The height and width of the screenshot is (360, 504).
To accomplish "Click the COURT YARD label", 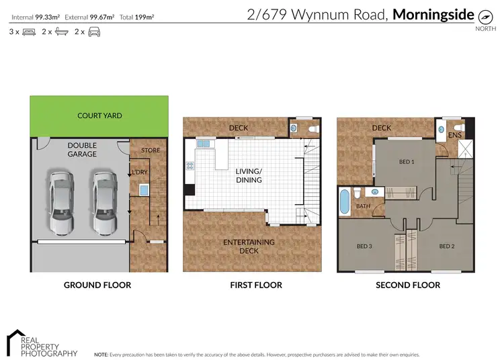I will pos(99,116).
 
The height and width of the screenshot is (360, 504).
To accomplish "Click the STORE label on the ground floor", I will pos(151,150).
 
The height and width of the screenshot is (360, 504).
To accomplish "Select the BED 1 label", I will pos(407,163).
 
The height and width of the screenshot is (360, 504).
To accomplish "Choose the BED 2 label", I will pos(447,246).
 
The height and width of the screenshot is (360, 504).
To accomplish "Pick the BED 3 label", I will pos(364,246).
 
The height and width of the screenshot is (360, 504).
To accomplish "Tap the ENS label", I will pos(455,135).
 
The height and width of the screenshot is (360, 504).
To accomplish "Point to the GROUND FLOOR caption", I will pos(97,285).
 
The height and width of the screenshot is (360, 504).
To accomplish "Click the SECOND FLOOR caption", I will pos(408,285).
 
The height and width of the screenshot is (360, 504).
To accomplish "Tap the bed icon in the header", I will pos(29,32).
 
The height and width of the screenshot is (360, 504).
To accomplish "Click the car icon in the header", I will pos(95,32).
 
